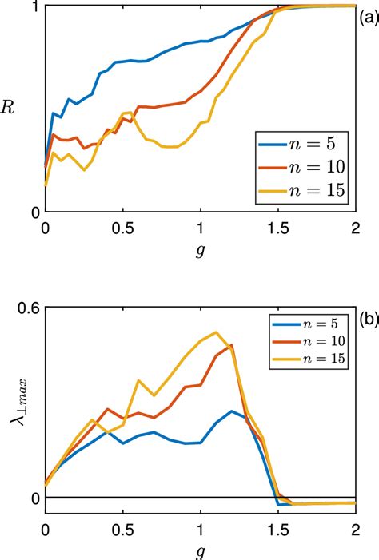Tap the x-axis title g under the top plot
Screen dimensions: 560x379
tap(200, 250)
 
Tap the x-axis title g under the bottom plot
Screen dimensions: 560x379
tap(200, 551)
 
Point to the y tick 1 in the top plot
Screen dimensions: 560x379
tap(35, 6)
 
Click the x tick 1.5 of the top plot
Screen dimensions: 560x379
tap(277, 228)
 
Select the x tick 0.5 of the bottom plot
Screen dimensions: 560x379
tap(122, 530)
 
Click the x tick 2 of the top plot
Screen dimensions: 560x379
tap(355, 228)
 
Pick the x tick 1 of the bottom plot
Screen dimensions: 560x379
tap(200, 530)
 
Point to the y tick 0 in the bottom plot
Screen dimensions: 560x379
tap(35, 498)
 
